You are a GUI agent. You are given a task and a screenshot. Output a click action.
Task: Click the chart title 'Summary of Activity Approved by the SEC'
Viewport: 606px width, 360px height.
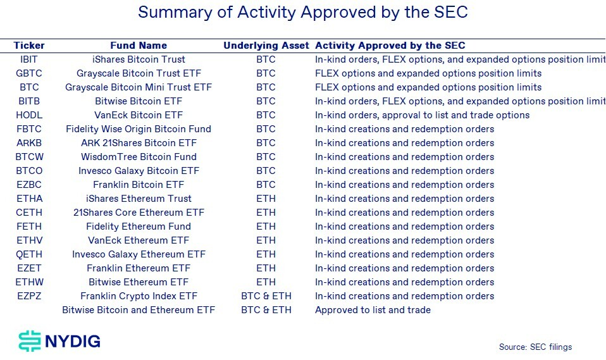tap(302, 13)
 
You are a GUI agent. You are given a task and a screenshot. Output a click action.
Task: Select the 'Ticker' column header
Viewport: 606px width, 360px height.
tap(29, 46)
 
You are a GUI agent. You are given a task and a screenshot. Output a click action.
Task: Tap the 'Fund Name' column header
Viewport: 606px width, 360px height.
tap(139, 46)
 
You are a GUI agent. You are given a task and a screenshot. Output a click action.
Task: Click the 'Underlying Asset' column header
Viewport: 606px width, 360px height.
tap(266, 46)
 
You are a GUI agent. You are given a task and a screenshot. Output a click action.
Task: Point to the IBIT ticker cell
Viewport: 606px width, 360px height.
tap(29, 59)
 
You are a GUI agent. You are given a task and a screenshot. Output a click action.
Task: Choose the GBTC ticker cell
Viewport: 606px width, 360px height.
tap(29, 73)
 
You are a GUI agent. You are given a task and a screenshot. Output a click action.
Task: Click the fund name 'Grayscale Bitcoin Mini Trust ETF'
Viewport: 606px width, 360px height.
tap(139, 87)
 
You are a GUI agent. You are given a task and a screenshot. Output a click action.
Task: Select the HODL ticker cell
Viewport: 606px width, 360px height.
tap(29, 115)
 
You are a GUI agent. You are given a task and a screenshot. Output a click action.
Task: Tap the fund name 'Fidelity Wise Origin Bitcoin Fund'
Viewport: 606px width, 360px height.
tap(139, 129)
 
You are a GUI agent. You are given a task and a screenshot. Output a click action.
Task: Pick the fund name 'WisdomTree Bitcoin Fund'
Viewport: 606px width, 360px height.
tap(139, 157)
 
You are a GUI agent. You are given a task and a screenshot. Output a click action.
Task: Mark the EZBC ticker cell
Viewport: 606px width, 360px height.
tap(29, 185)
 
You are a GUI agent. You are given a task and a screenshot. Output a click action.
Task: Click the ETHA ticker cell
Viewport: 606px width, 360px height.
tap(29, 199)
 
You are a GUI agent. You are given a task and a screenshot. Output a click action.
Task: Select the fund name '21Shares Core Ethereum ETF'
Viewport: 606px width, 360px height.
tap(139, 213)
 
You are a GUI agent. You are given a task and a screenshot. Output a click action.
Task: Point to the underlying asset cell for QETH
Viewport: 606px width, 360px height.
tap(266, 254)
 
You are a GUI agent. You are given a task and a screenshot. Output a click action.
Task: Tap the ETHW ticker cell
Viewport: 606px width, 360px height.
tap(29, 282)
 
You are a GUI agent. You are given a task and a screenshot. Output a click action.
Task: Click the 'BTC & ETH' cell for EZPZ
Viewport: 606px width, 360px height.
tap(266, 296)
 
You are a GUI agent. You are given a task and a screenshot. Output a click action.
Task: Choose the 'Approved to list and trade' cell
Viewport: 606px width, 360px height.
tap(373, 310)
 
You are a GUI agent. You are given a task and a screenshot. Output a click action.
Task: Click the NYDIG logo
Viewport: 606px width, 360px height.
tap(59, 342)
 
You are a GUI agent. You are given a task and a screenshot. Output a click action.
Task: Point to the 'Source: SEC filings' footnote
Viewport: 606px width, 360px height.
tap(535, 347)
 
